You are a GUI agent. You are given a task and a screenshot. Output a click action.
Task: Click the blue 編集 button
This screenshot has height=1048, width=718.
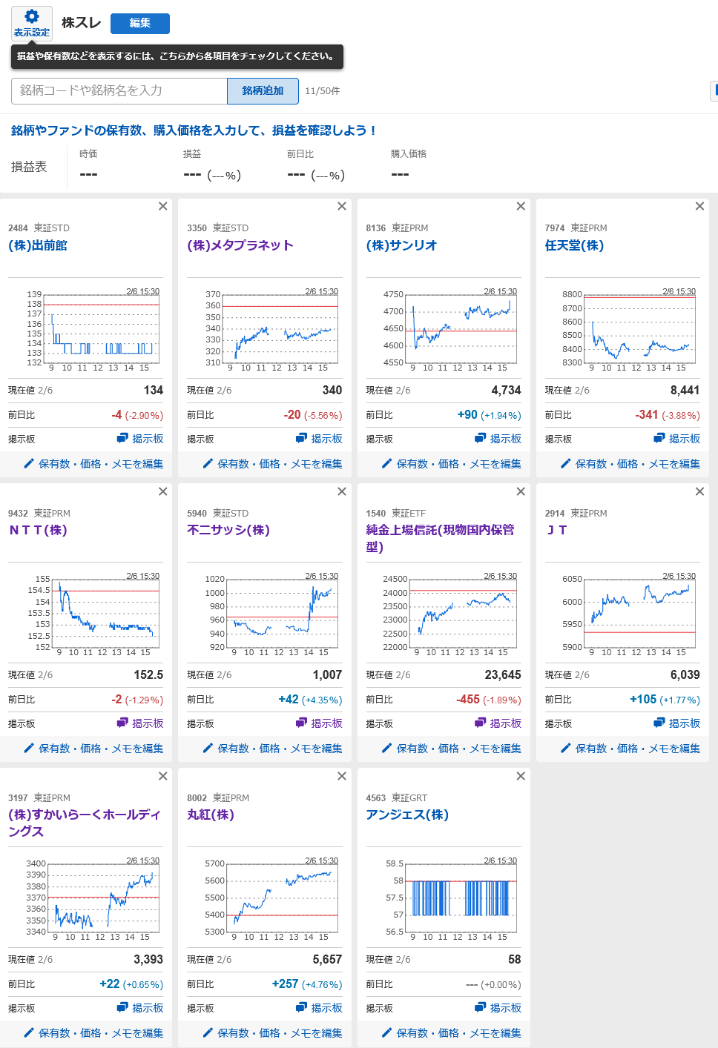click(139, 23)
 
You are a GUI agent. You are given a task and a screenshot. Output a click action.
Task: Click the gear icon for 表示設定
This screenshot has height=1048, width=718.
click(32, 16)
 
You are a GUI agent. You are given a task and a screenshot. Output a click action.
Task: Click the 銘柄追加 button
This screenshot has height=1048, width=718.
click(263, 90)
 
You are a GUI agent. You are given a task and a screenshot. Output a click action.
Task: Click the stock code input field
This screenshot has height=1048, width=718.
click(119, 90)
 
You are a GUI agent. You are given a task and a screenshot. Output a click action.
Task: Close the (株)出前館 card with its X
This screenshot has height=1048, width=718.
click(163, 206)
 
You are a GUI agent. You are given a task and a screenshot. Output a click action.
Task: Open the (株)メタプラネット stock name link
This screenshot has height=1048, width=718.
click(240, 245)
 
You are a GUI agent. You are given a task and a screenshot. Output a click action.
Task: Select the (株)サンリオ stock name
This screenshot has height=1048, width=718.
click(401, 245)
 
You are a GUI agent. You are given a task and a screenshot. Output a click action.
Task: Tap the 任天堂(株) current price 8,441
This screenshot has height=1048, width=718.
click(685, 390)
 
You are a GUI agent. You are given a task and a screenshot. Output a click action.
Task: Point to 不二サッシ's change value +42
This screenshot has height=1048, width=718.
click(289, 699)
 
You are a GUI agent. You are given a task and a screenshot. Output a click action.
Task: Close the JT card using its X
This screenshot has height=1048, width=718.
click(699, 491)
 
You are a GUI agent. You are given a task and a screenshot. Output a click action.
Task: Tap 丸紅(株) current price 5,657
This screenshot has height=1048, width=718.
click(327, 959)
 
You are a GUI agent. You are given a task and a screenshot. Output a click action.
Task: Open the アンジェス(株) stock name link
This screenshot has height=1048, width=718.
click(407, 815)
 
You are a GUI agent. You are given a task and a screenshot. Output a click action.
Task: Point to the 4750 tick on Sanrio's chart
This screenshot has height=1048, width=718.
click(393, 294)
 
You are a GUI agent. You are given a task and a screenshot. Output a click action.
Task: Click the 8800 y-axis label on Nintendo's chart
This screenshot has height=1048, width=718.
click(572, 294)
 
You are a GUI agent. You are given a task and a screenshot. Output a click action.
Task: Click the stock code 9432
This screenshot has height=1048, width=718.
click(18, 513)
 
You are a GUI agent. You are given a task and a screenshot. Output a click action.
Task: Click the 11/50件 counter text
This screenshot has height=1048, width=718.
click(322, 91)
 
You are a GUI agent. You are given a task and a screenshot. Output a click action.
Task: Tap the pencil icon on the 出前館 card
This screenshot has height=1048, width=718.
click(29, 463)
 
